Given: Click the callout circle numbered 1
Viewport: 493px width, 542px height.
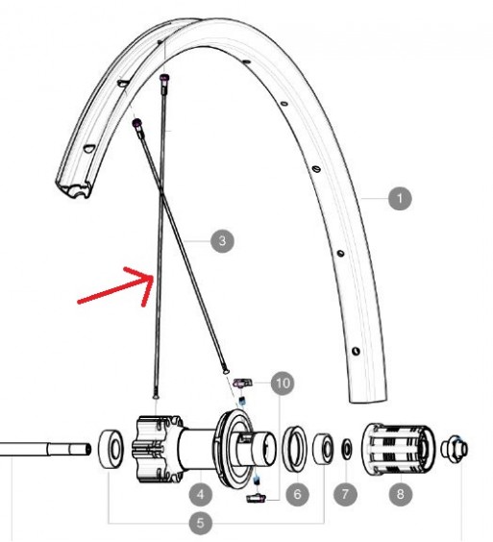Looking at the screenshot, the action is point(400,198).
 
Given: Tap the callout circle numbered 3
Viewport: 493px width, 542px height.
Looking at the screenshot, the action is point(222,240).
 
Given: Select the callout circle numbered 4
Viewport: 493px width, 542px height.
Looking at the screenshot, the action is point(201,494).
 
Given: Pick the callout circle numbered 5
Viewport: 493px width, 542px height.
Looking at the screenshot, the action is point(201,523).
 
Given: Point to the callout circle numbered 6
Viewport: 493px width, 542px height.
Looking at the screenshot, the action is point(297,494).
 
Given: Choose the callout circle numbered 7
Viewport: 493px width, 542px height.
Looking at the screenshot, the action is point(345,494).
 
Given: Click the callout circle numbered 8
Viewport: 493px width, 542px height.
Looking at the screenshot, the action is point(400,494).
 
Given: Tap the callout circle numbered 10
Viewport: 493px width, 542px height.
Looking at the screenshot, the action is point(283,383).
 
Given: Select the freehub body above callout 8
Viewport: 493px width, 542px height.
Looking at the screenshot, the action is point(400,449).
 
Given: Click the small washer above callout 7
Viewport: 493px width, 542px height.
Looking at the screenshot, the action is point(346,449).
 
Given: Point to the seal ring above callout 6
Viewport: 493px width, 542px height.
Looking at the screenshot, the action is point(295,449).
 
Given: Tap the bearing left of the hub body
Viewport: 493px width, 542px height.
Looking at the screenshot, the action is point(111,449).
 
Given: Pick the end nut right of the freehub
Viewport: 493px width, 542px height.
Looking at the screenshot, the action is point(455,449).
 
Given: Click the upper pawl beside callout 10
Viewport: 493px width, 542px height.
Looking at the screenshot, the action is point(243,383).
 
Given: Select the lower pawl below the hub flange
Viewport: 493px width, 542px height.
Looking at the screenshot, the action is point(256,499).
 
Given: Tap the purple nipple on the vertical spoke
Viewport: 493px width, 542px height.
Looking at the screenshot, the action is point(163,78).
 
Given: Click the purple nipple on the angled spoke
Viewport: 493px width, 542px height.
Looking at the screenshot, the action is point(136,123).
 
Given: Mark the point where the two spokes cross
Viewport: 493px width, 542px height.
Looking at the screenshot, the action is point(160,192).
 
